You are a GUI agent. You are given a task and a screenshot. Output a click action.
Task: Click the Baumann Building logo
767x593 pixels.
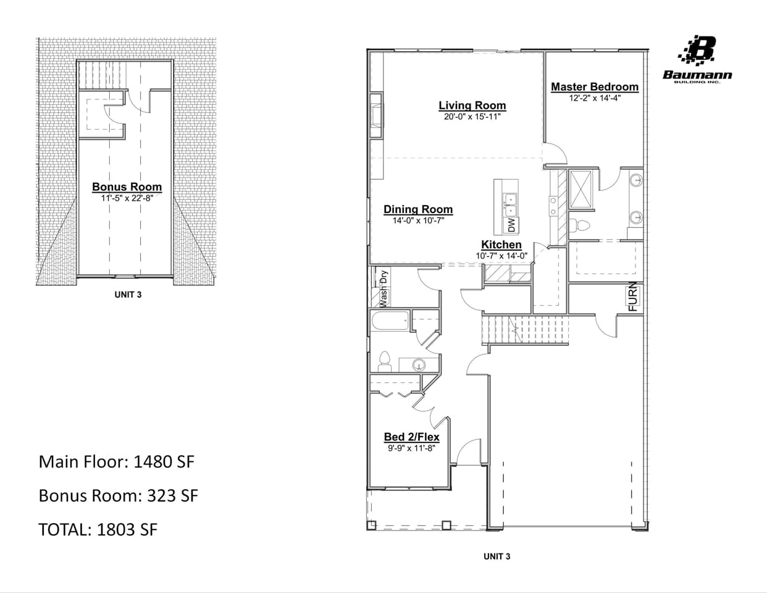(698, 59)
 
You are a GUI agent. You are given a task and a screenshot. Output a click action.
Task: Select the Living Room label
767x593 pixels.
(472, 106)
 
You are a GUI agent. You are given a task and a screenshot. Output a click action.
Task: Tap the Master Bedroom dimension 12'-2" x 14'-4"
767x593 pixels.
(594, 98)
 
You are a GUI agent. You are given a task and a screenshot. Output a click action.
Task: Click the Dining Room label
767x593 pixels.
(418, 209)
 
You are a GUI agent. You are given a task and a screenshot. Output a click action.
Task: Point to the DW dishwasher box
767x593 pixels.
(511, 225)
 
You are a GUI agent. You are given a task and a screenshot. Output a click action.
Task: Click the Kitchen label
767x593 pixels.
(501, 245)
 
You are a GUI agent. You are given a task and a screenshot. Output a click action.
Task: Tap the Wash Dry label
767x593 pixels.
(383, 288)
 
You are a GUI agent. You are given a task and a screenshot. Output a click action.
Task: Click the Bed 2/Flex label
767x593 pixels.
(411, 437)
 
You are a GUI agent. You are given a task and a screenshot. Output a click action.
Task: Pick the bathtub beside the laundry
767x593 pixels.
(390, 321)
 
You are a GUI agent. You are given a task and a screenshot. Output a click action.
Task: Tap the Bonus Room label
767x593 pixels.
(127, 187)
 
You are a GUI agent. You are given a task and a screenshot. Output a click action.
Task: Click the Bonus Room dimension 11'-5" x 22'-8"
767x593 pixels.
(127, 198)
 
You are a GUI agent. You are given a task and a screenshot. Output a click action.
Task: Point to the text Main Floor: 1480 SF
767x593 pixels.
(116, 461)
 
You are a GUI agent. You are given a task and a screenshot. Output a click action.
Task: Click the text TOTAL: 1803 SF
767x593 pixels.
(98, 529)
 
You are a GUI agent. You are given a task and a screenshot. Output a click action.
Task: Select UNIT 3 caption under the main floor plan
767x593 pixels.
(497, 556)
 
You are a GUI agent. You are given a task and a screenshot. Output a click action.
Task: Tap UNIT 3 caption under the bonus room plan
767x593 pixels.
(128, 295)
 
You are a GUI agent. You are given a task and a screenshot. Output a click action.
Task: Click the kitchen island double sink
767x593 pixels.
(510, 204)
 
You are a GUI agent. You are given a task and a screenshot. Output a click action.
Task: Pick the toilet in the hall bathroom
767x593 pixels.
(385, 361)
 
